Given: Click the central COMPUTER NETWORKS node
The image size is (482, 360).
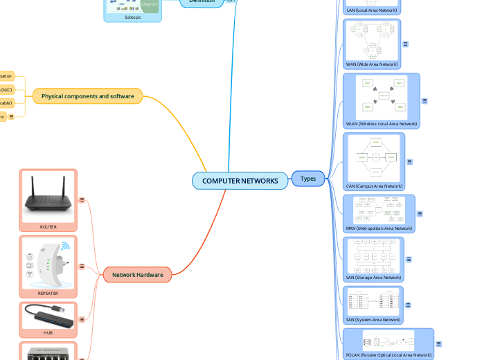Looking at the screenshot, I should [x=240, y=181].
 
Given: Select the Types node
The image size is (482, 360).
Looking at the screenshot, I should [x=308, y=179].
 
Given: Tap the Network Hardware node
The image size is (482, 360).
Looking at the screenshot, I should [x=137, y=275].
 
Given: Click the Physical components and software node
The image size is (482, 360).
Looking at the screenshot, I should [x=87, y=96].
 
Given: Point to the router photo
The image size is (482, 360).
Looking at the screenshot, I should [x=48, y=195].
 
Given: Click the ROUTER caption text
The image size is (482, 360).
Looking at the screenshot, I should [x=48, y=226].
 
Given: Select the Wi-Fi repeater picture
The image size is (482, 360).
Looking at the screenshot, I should [x=48, y=262].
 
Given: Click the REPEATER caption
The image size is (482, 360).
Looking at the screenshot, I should [x=48, y=294].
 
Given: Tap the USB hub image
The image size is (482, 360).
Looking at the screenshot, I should [x=48, y=316].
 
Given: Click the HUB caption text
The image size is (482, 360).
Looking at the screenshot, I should [x=48, y=333].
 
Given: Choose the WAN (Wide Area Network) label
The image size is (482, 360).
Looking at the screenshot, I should [x=372, y=64].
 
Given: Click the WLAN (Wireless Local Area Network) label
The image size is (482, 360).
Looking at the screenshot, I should [x=381, y=124].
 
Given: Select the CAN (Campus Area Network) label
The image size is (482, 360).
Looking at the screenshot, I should [x=374, y=186].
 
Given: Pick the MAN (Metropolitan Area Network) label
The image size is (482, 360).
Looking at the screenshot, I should [x=379, y=228].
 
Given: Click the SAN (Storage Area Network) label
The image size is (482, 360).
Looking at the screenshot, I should [x=373, y=277].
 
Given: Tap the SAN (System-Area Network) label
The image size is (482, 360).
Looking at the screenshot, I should [x=373, y=320].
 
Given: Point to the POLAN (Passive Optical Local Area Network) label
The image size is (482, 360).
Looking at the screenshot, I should [x=388, y=354].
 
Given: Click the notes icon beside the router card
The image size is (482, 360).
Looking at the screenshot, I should [x=82, y=201].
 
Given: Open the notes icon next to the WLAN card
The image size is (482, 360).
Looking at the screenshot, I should [x=425, y=101].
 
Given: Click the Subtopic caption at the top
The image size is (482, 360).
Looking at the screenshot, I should [x=132, y=17].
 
